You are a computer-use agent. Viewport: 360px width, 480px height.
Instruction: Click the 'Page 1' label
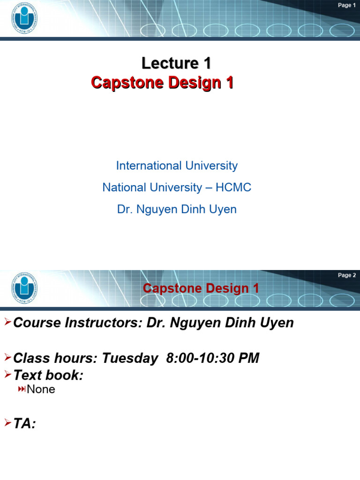click(347, 5)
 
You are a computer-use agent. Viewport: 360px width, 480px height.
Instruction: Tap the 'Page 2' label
click(347, 275)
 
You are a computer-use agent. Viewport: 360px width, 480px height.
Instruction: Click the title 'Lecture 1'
click(176, 63)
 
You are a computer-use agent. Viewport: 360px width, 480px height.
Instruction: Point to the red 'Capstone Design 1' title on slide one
click(162, 83)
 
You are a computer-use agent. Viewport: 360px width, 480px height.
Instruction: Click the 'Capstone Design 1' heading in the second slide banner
click(201, 288)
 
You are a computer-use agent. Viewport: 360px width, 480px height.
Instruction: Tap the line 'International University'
click(177, 165)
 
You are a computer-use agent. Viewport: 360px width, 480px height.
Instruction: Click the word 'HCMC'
click(233, 187)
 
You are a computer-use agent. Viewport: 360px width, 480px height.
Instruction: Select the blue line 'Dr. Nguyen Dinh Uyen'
click(177, 210)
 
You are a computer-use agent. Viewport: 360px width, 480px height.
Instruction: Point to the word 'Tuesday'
click(130, 359)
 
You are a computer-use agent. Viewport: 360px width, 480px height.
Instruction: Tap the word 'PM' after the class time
click(249, 359)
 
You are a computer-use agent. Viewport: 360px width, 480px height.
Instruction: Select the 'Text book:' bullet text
click(48, 375)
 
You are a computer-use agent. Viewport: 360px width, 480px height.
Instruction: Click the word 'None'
click(41, 389)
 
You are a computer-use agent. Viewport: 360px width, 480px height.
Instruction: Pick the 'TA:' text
click(25, 424)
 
